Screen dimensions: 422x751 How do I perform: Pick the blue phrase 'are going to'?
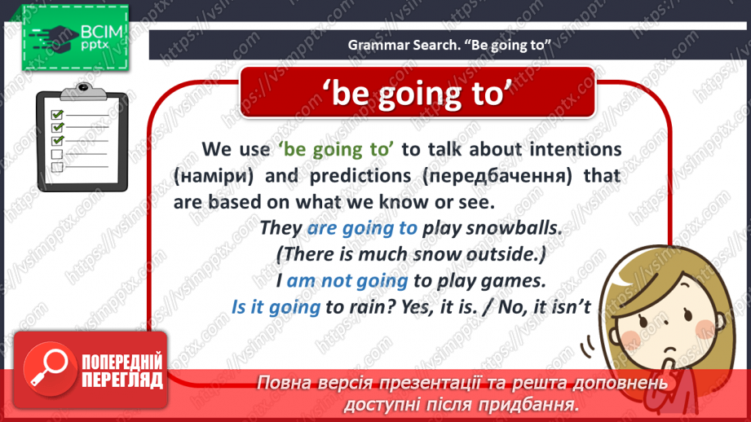(x=362, y=228)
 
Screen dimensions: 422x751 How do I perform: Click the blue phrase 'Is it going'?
(x=276, y=306)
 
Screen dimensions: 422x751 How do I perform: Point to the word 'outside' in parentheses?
(x=503, y=254)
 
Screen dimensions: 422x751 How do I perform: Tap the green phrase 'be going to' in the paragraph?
(x=336, y=149)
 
